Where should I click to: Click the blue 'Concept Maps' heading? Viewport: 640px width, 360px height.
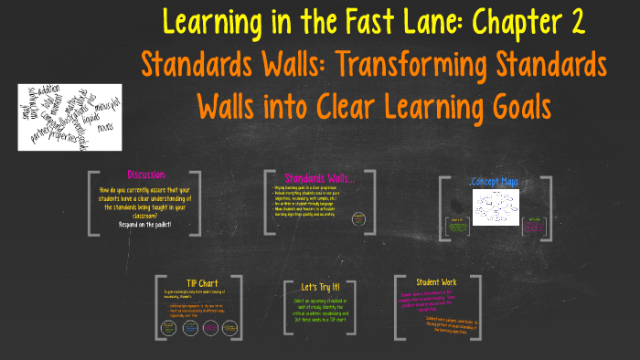495,182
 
